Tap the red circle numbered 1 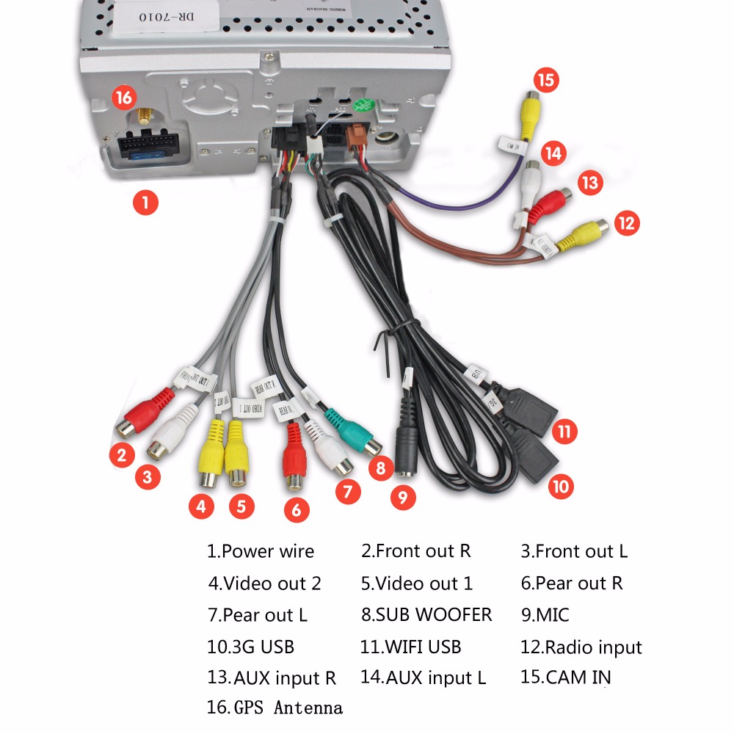[145, 201]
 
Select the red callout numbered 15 [546, 80]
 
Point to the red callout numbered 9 [402, 497]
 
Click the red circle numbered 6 [296, 510]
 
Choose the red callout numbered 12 [625, 222]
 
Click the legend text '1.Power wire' [261, 551]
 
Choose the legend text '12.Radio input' [581, 647]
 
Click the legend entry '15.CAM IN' [565, 677]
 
